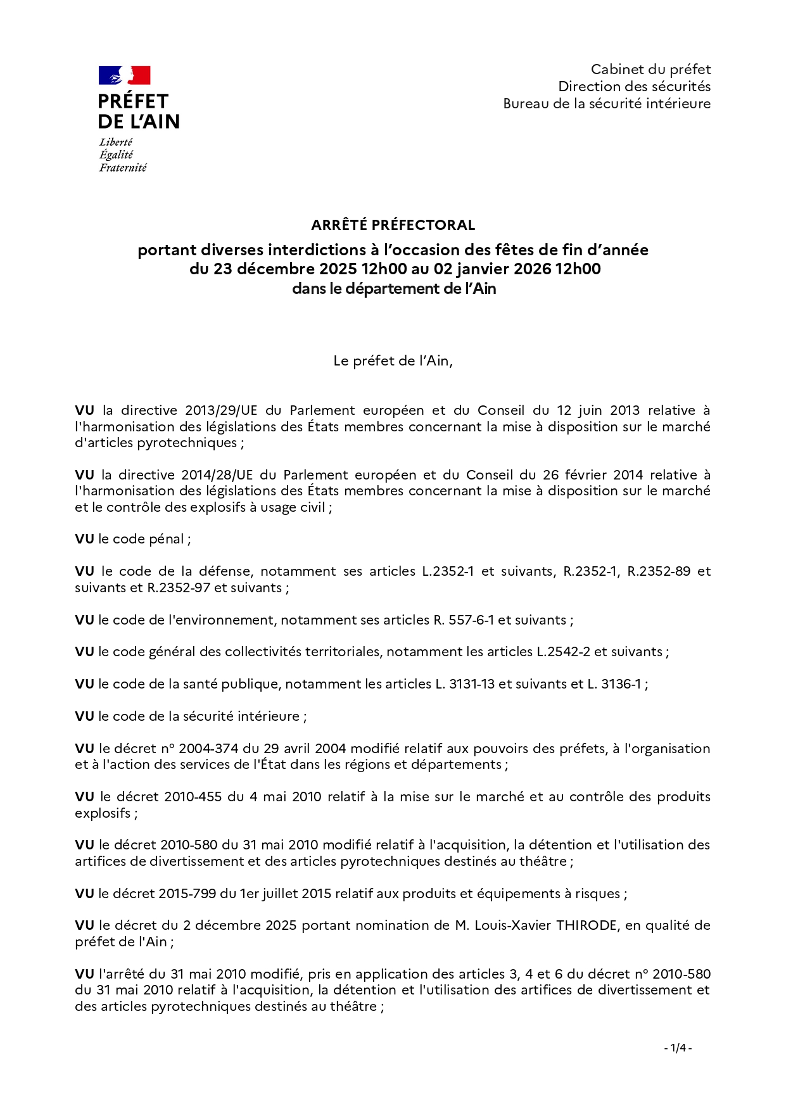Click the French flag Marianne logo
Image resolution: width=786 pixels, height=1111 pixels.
point(124,75)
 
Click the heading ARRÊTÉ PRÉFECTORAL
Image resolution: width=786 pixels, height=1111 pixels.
point(393,225)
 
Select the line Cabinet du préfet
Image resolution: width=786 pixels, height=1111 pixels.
point(650,70)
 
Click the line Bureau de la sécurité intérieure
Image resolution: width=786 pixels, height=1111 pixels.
point(607,104)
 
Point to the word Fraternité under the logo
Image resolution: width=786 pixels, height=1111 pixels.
point(123,168)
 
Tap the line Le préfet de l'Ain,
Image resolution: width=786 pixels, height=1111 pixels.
point(393,361)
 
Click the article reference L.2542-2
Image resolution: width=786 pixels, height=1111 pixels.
point(563,652)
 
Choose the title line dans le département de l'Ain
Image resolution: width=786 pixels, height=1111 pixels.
point(393,289)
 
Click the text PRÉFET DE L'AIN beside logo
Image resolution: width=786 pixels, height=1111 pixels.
point(139,111)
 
